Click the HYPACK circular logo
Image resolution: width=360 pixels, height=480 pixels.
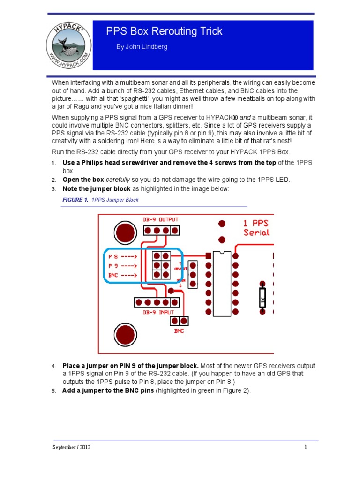coord(68,45)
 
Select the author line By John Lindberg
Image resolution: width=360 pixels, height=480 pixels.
coord(142,47)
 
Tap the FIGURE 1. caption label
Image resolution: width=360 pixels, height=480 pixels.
coord(75,200)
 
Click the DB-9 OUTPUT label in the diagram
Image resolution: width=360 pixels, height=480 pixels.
coord(160,219)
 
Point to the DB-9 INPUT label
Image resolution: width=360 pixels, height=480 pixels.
coord(158,312)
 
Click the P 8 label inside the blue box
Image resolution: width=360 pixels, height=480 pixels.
coord(113,256)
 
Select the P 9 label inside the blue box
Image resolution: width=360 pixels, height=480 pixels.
coord(113,266)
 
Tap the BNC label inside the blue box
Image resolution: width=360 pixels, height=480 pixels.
coord(113,275)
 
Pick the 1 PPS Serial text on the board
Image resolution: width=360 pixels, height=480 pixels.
coord(256,227)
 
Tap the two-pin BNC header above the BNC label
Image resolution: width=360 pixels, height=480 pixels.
coord(179,321)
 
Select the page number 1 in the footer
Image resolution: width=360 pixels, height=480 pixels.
coord(306,447)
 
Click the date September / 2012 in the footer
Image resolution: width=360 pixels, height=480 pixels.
coord(71,447)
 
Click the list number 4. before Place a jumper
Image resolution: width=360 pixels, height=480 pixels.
coord(54,366)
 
